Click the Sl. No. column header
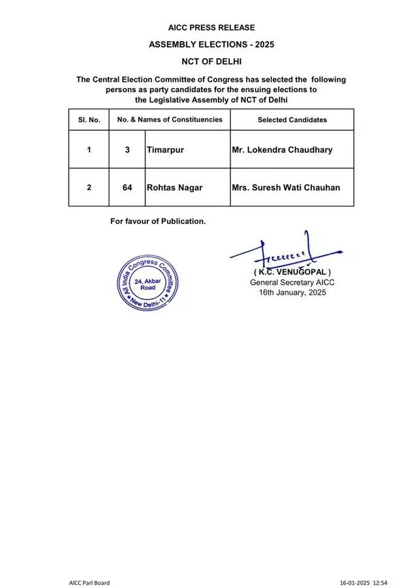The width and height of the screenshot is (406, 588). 89,120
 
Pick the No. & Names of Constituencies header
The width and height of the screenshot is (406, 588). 170,120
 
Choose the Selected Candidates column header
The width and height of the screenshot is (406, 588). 292,120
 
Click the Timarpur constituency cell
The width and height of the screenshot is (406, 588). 165,150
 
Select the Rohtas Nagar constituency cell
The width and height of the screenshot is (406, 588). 174,188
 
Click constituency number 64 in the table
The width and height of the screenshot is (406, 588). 127,188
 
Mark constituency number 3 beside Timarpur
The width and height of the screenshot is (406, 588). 127,150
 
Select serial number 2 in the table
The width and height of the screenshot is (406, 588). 89,188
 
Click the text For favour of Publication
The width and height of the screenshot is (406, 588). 158,221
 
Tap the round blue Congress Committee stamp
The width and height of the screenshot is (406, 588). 148,282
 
